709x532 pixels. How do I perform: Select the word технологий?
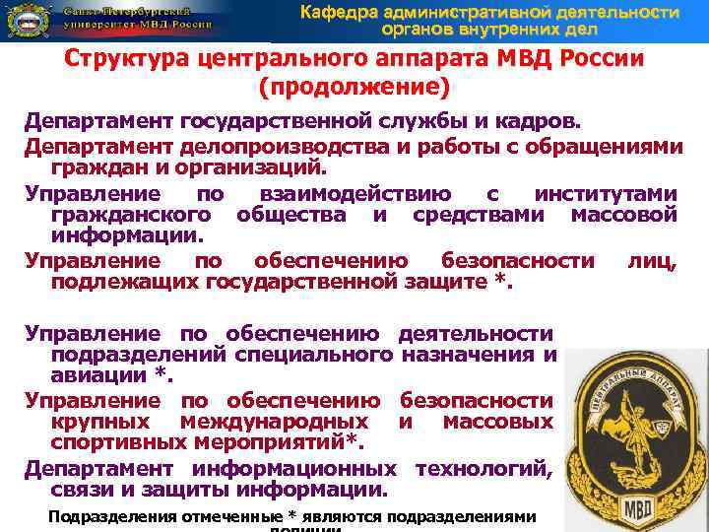click(485, 468)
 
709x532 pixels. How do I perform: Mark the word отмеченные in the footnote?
click(195, 517)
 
